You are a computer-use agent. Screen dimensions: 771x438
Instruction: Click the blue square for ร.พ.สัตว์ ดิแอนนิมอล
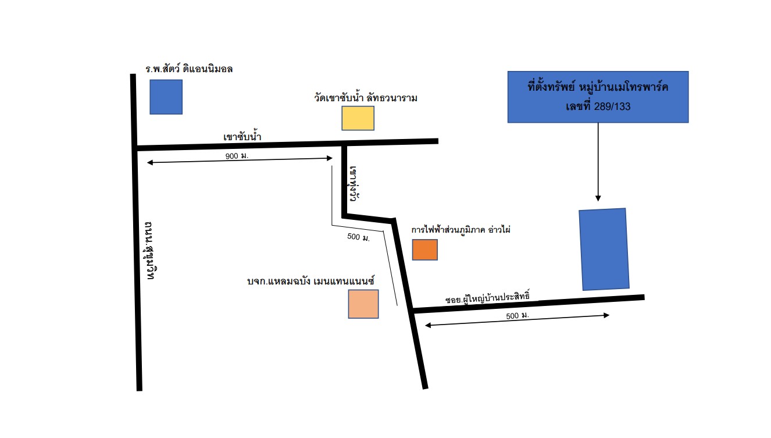point(166,97)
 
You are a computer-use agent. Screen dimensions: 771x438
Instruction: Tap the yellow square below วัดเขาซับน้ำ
point(358,118)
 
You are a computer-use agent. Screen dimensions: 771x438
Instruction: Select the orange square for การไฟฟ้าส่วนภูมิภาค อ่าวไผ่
point(424,250)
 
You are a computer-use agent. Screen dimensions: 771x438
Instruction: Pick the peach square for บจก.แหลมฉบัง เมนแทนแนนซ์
point(363,304)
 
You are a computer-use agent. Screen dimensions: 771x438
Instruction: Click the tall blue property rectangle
point(604,250)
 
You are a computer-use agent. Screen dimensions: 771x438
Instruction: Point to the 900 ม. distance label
point(237,156)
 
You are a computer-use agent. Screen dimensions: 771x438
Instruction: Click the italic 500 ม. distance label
point(358,237)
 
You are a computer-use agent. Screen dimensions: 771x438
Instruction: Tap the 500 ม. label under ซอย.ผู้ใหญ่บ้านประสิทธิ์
point(517,315)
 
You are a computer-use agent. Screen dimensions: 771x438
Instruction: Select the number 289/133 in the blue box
point(612,106)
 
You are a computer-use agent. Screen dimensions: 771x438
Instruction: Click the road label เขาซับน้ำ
point(242,137)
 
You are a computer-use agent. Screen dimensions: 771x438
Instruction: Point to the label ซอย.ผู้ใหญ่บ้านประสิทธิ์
point(487,297)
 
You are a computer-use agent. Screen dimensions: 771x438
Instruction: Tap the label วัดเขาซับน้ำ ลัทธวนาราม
point(366,98)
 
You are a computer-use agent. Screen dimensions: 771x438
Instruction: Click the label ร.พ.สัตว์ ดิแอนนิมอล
point(189,69)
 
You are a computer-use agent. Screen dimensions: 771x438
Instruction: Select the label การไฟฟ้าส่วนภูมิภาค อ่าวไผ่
point(461,230)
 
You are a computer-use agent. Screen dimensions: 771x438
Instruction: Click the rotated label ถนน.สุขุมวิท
point(149,250)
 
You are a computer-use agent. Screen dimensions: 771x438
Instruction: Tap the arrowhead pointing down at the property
point(598,198)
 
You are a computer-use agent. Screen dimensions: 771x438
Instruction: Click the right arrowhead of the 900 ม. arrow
point(330,158)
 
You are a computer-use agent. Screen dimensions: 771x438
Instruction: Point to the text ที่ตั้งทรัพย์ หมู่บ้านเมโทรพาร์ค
point(598,87)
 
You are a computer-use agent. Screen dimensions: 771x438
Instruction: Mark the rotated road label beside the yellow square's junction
point(354,184)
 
